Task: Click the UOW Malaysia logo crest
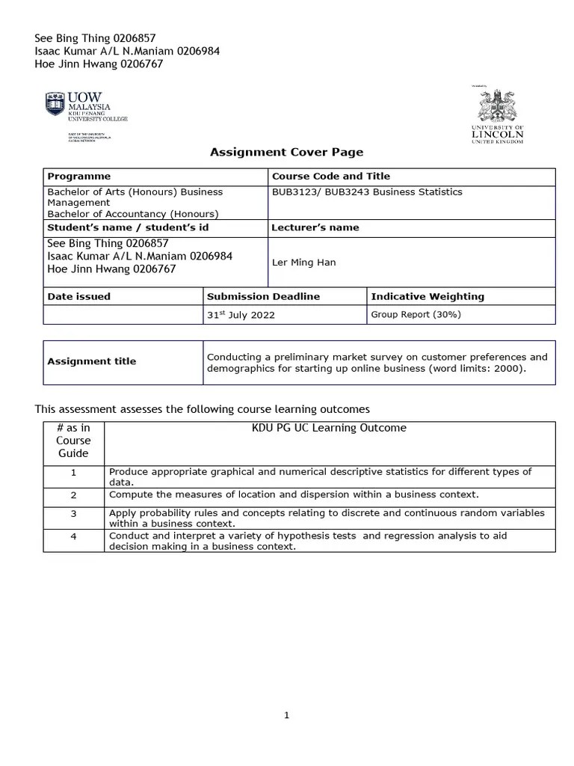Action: pos(55,104)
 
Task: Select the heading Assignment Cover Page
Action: pos(286,152)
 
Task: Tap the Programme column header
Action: pos(78,177)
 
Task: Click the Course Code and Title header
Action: pos(330,177)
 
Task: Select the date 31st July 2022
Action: pos(241,315)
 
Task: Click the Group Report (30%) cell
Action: pos(416,315)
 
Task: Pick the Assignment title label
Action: pos(91,361)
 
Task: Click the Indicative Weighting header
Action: pos(428,296)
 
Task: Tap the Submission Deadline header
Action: pos(263,296)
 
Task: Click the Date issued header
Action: pos(78,296)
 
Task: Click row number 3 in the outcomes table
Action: pos(73,514)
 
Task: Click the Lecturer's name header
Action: pos(315,227)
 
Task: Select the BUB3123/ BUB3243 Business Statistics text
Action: pos(367,192)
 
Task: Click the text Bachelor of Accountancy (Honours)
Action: pos(132,213)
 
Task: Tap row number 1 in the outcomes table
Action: pos(73,473)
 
